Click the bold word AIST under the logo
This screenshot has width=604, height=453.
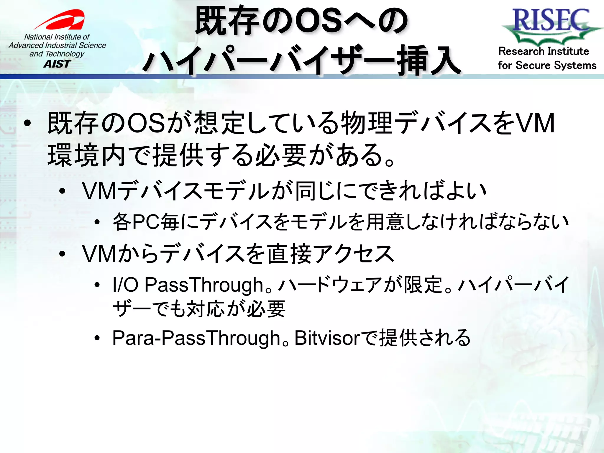click(57, 64)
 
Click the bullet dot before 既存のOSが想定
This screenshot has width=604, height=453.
click(27, 124)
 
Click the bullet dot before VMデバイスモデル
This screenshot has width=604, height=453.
click(62, 191)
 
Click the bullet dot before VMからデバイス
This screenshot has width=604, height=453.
click(62, 254)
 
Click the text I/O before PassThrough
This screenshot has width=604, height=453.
click(125, 285)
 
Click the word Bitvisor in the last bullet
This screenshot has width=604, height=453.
click(327, 338)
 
